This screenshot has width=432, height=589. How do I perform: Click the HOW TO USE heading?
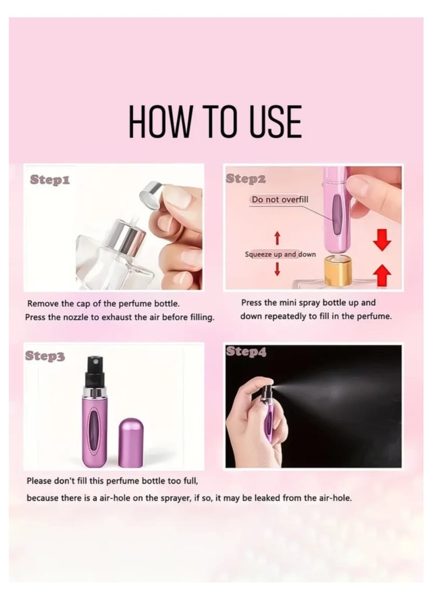[x=214, y=122]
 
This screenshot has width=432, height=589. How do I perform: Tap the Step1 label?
[x=50, y=179]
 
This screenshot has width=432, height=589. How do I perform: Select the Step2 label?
[x=246, y=179]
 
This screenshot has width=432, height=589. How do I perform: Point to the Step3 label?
[x=45, y=356]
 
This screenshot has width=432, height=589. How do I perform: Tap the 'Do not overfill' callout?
[x=280, y=199]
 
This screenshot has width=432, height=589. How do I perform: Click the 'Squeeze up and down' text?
[x=280, y=254]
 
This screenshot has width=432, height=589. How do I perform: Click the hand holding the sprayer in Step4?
[x=251, y=421]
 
